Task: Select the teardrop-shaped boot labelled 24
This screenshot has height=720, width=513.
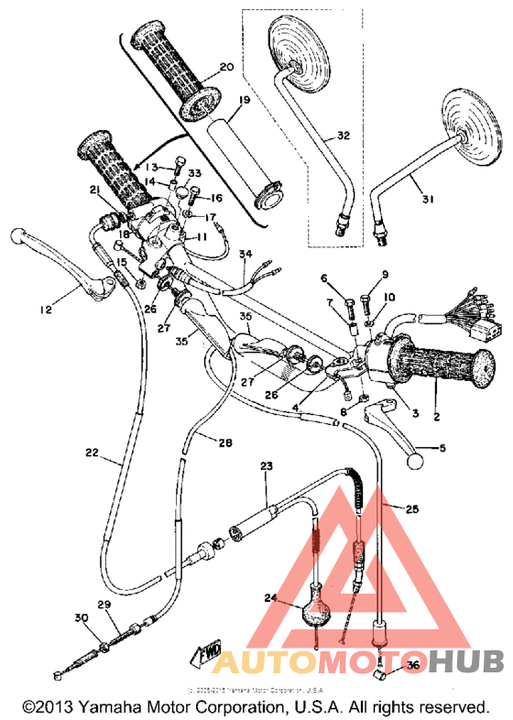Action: point(314,609)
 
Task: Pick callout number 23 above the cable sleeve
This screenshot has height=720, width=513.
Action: point(267,466)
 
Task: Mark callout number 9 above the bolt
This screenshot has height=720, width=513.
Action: point(387,274)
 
